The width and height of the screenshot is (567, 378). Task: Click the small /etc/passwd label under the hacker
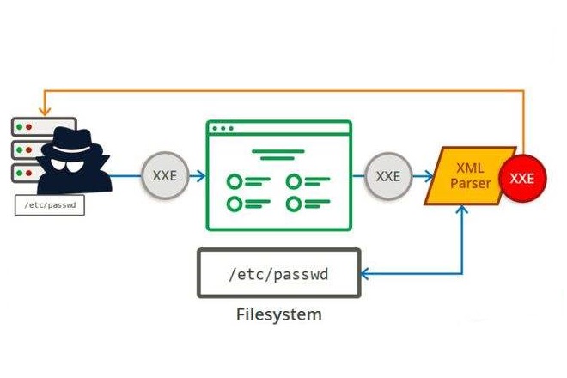tap(50, 205)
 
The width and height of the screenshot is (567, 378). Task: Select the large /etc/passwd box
tap(278, 273)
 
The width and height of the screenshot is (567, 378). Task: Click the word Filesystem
tap(278, 314)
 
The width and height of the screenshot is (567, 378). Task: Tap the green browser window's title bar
tap(278, 129)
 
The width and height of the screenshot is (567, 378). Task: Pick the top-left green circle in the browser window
tap(234, 181)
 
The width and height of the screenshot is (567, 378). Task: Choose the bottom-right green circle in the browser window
tap(294, 204)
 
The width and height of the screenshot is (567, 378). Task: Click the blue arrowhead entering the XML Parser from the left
tap(429, 176)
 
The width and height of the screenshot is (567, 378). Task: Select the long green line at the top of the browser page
tap(278, 155)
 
